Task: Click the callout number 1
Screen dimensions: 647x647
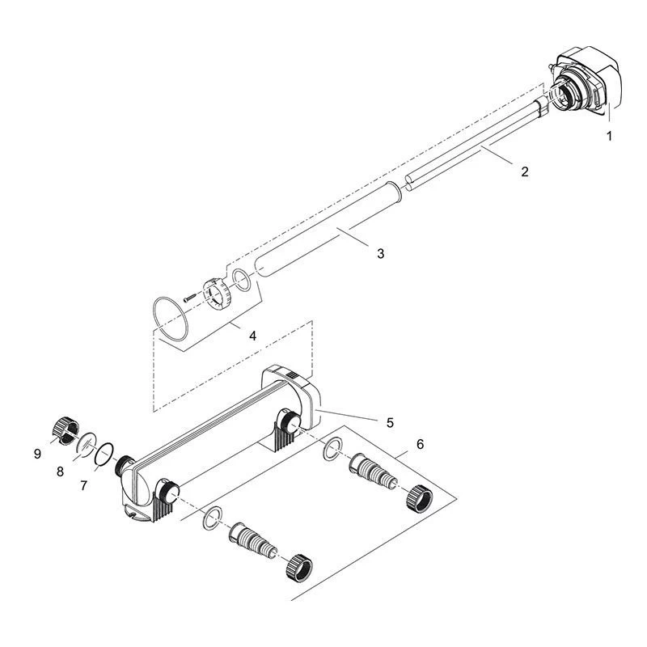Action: coord(609,136)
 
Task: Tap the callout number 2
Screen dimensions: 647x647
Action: coord(524,171)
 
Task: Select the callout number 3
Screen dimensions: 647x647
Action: coord(380,253)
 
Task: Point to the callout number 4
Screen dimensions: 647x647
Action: coord(252,336)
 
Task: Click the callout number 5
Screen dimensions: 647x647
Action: coord(390,422)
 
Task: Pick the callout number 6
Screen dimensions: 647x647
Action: coord(420,444)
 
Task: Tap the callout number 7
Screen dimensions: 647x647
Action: coord(84,486)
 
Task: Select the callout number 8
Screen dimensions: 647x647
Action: coord(60,472)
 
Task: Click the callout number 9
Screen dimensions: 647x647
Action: coord(37,454)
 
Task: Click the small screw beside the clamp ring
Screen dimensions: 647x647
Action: coord(189,298)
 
